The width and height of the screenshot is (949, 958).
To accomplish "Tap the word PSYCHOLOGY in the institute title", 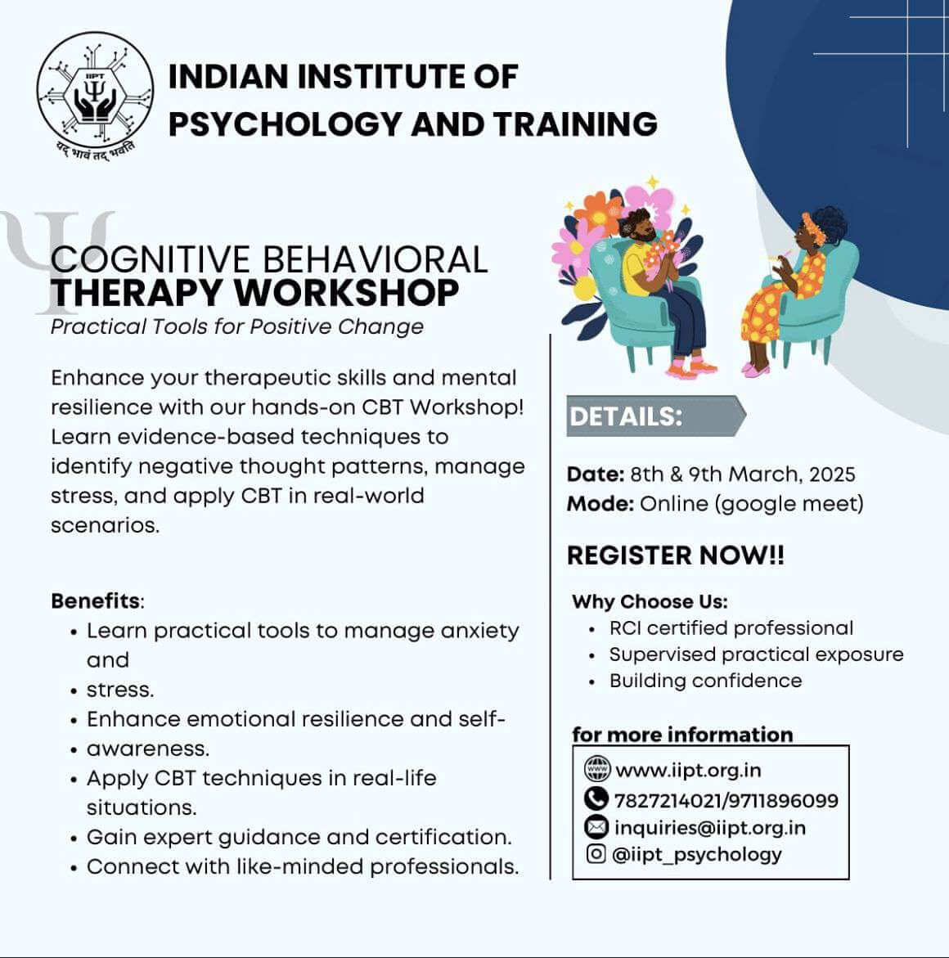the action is (x=285, y=124).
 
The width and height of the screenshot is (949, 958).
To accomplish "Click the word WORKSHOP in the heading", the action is (x=347, y=293).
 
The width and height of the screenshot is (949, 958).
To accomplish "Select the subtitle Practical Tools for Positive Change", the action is (x=237, y=327).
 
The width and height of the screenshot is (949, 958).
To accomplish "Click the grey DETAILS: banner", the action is (x=655, y=416).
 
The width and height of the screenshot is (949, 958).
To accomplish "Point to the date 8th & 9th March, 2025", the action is (x=743, y=475).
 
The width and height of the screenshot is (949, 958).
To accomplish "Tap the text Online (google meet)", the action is (x=752, y=504).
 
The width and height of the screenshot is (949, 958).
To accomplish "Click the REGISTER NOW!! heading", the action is (x=675, y=555).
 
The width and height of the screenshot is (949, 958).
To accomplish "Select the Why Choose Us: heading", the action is (x=650, y=602).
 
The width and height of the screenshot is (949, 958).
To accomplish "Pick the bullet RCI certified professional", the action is (x=731, y=628).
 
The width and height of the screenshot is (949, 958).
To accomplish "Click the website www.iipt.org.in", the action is (x=688, y=771).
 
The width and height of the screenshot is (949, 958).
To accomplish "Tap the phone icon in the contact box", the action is (x=596, y=798).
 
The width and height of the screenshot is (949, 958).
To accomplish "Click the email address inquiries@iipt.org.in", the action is (x=710, y=828).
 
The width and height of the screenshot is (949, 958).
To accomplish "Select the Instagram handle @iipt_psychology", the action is (x=697, y=855).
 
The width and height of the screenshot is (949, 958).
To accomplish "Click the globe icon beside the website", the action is (x=597, y=768).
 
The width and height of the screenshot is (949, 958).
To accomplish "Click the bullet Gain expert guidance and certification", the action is (x=299, y=838).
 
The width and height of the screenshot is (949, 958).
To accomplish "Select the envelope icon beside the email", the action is (x=596, y=826).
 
